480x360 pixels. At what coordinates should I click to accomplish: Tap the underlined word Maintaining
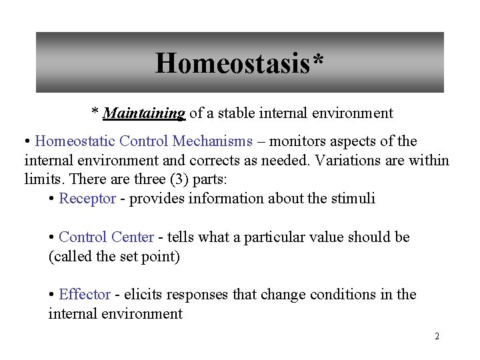[x=143, y=113]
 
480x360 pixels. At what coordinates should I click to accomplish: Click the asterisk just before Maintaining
[x=95, y=112]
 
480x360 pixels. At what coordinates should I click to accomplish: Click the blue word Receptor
[x=87, y=199]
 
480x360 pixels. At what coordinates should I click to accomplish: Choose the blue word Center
[x=132, y=237]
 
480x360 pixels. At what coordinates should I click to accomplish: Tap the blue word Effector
[x=85, y=295]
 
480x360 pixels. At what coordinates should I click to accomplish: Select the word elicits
[x=143, y=295]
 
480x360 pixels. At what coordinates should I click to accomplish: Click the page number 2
[x=437, y=337]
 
